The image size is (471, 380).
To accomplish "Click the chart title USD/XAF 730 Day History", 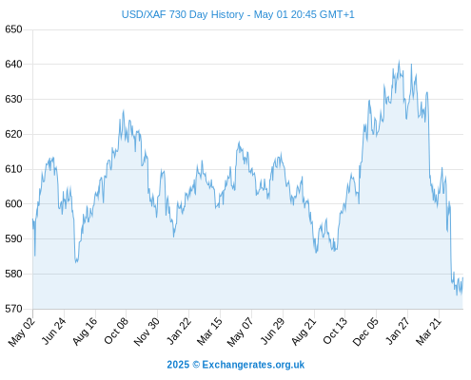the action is (x=183, y=14).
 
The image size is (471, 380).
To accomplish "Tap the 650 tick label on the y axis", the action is (x=13, y=29).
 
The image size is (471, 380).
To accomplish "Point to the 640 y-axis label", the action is (x=13, y=65).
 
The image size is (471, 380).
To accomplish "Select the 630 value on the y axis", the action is (x=13, y=100).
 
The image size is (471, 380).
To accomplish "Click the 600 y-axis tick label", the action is (x=13, y=204).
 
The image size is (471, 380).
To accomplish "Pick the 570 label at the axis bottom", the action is (x=13, y=309).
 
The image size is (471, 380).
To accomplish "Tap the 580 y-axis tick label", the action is (x=13, y=274).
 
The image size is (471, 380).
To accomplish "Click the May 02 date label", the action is (x=21, y=332).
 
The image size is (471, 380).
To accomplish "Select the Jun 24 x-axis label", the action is (x=54, y=331).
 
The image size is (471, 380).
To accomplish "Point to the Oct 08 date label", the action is (x=116, y=331).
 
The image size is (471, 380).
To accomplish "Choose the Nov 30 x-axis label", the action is (x=147, y=332).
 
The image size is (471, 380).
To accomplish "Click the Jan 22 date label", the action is (x=179, y=331).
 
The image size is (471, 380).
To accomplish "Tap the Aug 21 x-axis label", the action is (x=304, y=332).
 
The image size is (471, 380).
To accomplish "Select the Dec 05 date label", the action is (x=365, y=332).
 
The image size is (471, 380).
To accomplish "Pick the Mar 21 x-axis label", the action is (x=428, y=332).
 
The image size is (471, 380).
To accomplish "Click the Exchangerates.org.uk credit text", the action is (x=253, y=365).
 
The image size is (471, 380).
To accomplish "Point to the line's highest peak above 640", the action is (x=399, y=61).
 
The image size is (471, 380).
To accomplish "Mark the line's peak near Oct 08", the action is (x=124, y=110).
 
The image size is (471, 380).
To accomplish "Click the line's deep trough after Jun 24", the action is (x=76, y=262).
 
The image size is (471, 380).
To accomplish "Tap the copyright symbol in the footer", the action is (x=196, y=365).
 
